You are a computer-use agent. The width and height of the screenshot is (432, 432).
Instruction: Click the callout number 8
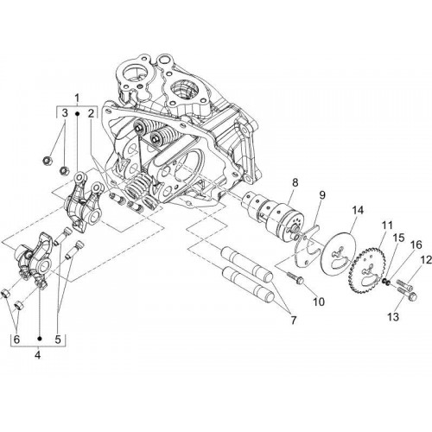point(295,182)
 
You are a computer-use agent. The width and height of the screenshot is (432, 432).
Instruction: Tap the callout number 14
point(357,210)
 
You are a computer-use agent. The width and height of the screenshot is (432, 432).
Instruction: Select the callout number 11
point(387,226)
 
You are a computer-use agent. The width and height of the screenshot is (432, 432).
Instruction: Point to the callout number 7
point(293,321)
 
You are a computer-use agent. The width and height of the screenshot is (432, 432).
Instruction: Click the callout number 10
point(319,302)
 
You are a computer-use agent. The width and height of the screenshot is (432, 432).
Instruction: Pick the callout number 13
point(393,317)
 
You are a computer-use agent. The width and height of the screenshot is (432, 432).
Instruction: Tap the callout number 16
point(416,245)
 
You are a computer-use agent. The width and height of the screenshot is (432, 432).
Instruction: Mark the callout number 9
point(321,195)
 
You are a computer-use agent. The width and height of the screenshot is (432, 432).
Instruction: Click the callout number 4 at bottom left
point(38,355)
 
